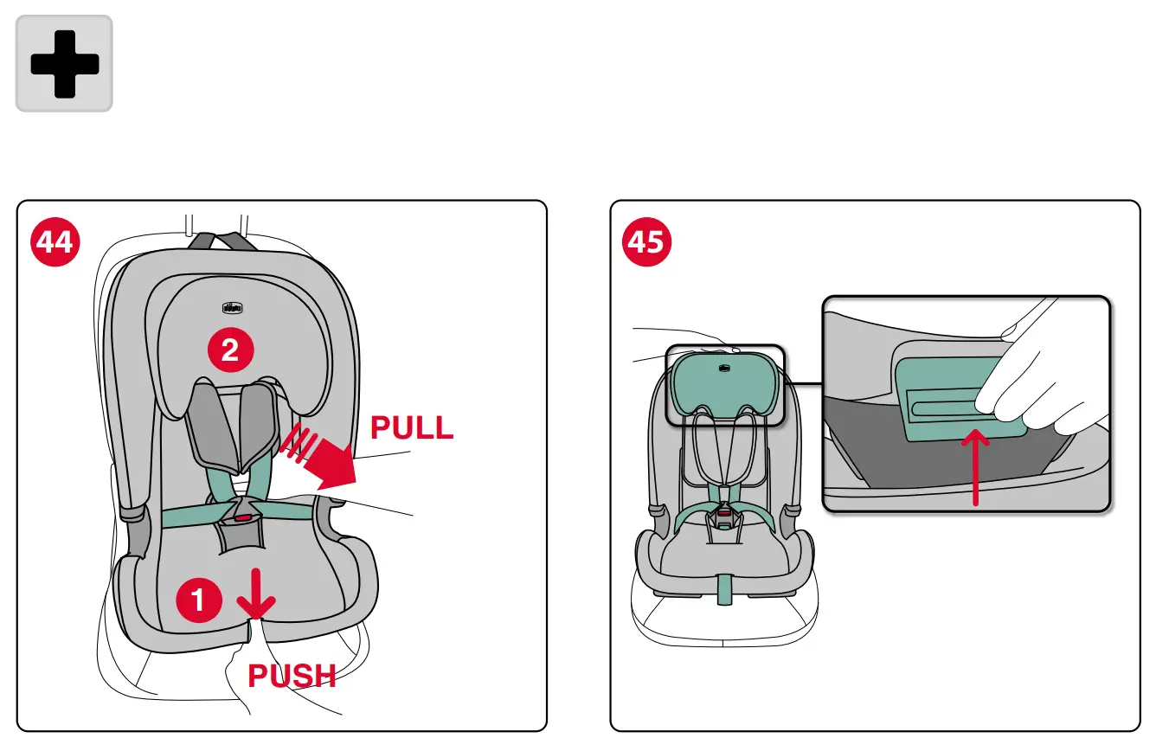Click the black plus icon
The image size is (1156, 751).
pyautogui.click(x=64, y=63)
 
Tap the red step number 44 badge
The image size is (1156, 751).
pyautogui.click(x=55, y=241)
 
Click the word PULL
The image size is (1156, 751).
pyautogui.click(x=412, y=427)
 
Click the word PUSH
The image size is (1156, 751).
pyautogui.click(x=292, y=676)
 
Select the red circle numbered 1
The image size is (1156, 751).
pyautogui.click(x=199, y=599)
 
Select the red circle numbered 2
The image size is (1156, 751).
pyautogui.click(x=229, y=350)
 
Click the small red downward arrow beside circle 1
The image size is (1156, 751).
pyautogui.click(x=256, y=594)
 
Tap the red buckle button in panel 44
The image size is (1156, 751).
pyautogui.click(x=241, y=517)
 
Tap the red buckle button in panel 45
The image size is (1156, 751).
pyautogui.click(x=722, y=514)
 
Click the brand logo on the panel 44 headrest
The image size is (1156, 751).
pyautogui.click(x=231, y=307)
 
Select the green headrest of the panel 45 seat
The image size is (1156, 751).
pyautogui.click(x=724, y=381)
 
